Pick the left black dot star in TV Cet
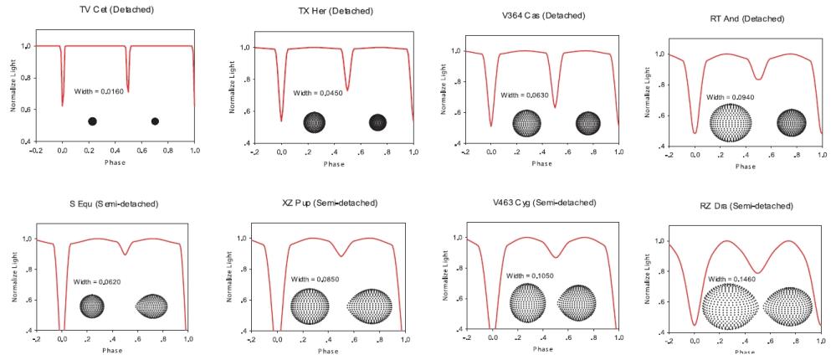point(92,121)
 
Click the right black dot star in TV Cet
point(155,121)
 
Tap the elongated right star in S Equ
point(152,306)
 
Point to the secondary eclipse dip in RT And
point(758,79)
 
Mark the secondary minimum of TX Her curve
point(346,89)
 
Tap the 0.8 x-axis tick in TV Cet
point(168,151)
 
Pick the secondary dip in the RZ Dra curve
point(757,272)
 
